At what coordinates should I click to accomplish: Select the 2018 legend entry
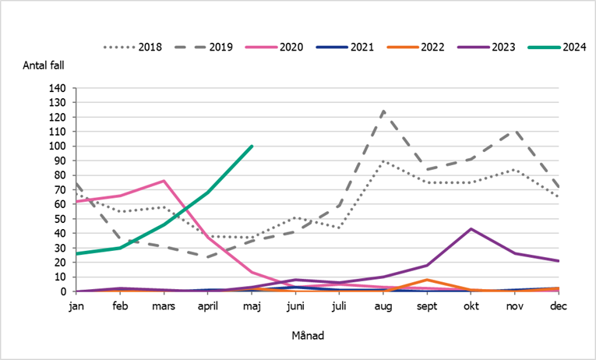[133, 47]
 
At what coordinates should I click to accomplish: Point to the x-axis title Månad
[308, 336]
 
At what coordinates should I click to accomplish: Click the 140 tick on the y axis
[58, 88]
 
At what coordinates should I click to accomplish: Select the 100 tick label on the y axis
[58, 146]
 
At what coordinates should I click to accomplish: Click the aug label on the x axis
[383, 306]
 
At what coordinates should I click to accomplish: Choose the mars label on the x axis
[164, 306]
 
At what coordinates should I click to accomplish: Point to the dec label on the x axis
[558, 306]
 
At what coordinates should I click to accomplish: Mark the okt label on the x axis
[470, 306]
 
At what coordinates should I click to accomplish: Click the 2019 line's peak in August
[383, 111]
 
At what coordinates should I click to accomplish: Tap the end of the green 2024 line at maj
[252, 146]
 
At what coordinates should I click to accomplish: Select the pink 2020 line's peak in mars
[164, 181]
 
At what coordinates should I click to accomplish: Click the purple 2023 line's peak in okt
[470, 229]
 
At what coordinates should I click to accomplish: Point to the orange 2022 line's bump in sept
[426, 280]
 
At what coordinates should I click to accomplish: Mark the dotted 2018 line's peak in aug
[383, 161]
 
